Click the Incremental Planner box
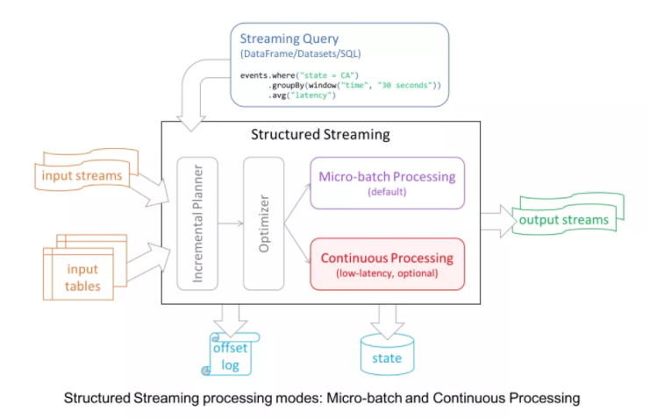pyautogui.click(x=197, y=223)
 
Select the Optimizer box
pyautogui.click(x=264, y=223)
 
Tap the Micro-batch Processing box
pyautogui.click(x=387, y=182)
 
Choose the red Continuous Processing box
pyautogui.click(x=387, y=264)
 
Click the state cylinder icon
pyautogui.click(x=387, y=355)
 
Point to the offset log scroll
pyautogui.click(x=230, y=354)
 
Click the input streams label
pyautogui.click(x=82, y=175)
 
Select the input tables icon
pyautogui.click(x=85, y=267)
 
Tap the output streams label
pyautogui.click(x=564, y=220)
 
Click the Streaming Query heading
pyautogui.click(x=289, y=39)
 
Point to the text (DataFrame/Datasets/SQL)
pyautogui.click(x=301, y=53)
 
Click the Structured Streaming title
pyautogui.click(x=320, y=134)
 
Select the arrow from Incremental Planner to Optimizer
pyautogui.click(x=231, y=223)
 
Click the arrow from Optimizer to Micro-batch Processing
pyautogui.click(x=297, y=203)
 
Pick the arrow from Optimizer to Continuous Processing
pyautogui.click(x=297, y=244)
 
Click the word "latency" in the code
pyautogui.click(x=313, y=96)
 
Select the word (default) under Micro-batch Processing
pyautogui.click(x=387, y=192)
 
